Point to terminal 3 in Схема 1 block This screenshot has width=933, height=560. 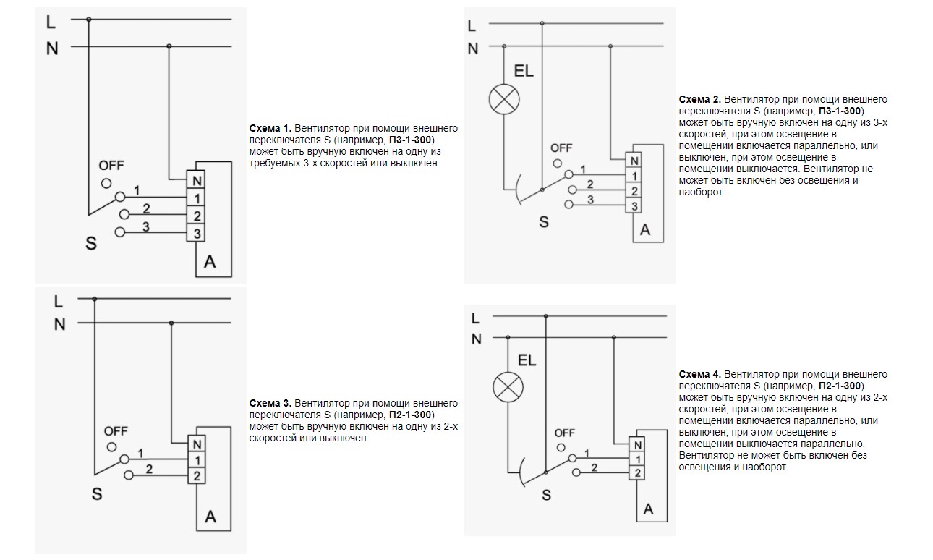tap(196, 233)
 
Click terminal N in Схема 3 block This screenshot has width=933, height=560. tap(196, 443)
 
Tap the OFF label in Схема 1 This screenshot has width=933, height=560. tap(111, 166)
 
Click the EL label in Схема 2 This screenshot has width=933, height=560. tap(524, 72)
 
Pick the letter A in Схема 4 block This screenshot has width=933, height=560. tap(648, 509)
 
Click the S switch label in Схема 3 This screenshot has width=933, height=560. tap(97, 495)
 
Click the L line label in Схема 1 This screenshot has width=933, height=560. tap(51, 22)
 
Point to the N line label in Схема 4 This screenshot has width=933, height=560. tap(476, 339)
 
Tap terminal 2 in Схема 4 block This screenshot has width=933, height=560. tap(636, 473)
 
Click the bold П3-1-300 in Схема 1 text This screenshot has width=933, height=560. tap(412, 140)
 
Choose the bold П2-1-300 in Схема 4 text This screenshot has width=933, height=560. tap(841, 386)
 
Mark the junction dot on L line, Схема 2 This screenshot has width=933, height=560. tap(542, 24)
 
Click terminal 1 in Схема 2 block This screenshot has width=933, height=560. tap(634, 176)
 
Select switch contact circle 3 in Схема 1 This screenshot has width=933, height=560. tap(120, 232)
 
